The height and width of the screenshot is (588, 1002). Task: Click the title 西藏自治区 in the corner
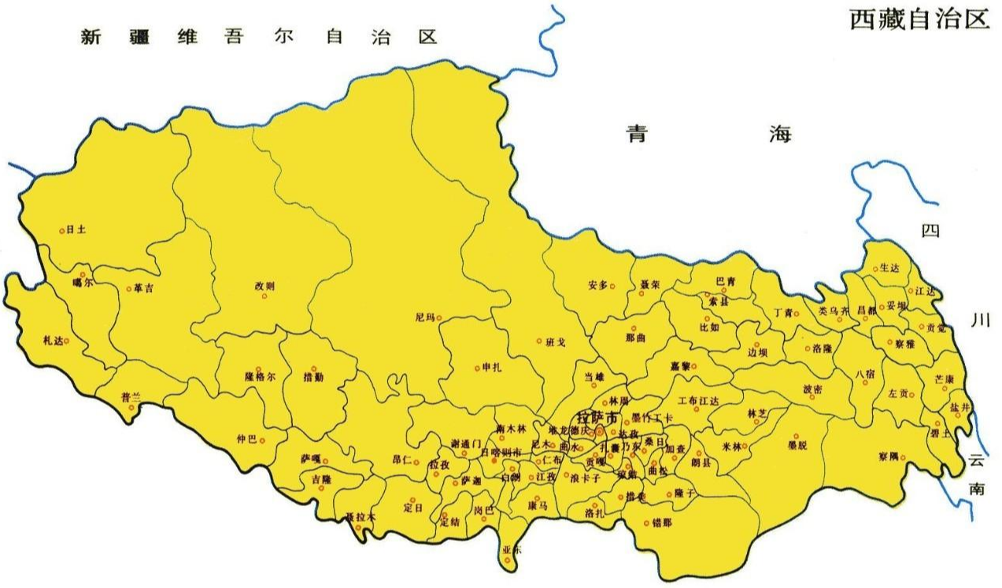pos(918,19)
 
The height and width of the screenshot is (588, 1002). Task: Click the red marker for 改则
pos(264,296)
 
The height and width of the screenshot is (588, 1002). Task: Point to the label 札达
pos(53,341)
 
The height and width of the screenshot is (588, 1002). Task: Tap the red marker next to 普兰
pos(131,407)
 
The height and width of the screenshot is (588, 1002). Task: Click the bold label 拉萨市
pos(597,416)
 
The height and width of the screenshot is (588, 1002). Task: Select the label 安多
pos(597,286)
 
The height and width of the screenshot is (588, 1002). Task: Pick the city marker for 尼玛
pos(439,318)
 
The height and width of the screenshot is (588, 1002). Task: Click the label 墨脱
pos(797,446)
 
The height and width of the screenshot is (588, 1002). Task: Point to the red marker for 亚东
pos(507,560)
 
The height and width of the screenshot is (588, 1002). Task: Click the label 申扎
pos(491,368)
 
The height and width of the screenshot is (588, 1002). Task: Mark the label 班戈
pos(555,342)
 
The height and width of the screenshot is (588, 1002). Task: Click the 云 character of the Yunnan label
pos(977,460)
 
